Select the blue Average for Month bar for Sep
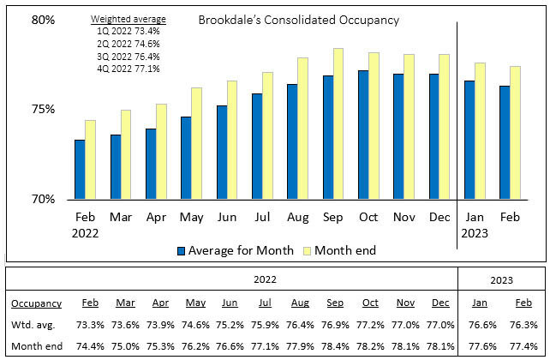tap(327, 137)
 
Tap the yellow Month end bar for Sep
tap(338, 123)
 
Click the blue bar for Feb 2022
tap(80, 169)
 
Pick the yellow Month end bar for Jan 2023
tap(481, 130)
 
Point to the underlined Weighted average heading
tap(129, 19)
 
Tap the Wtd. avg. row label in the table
tap(32, 325)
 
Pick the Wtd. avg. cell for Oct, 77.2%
tap(370, 325)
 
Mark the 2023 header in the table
tap(501, 279)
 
